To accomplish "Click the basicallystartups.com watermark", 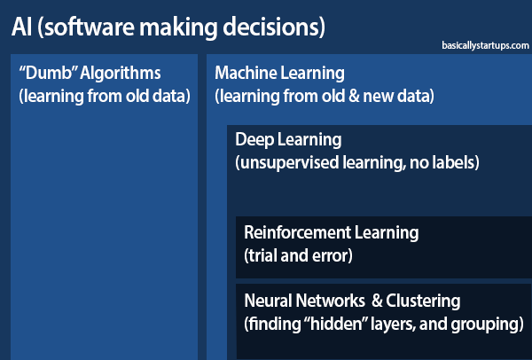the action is pyautogui.click(x=485, y=46).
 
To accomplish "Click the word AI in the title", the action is pyautogui.click(x=22, y=27).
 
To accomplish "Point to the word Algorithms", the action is pyautogui.click(x=120, y=74).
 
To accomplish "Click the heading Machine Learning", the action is pyautogui.click(x=279, y=74).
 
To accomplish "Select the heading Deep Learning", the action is pyautogui.click(x=288, y=140).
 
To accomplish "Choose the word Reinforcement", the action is pyautogui.click(x=297, y=232).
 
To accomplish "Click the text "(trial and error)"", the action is pyautogui.click(x=298, y=255).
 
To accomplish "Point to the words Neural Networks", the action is pyautogui.click(x=304, y=301).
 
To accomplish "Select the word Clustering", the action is pyautogui.click(x=423, y=301).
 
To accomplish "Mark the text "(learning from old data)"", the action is pyautogui.click(x=105, y=97).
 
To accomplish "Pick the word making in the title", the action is pyautogui.click(x=178, y=28).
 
